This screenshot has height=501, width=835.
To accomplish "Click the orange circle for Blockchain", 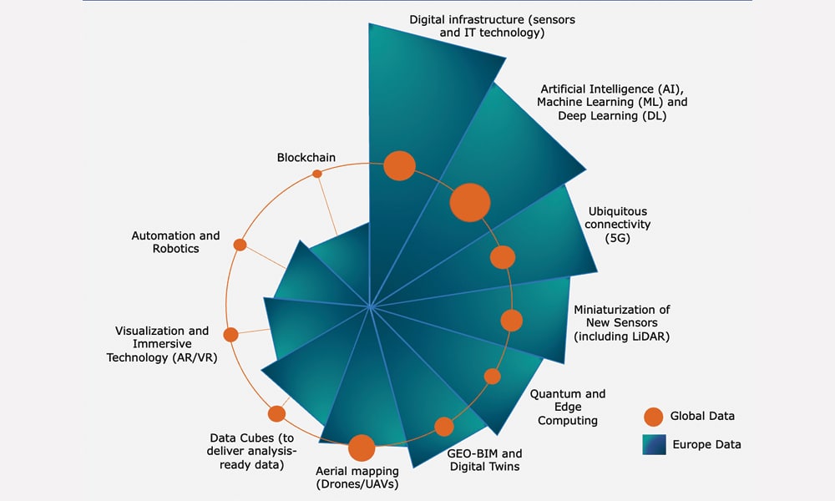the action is pyautogui.click(x=316, y=174).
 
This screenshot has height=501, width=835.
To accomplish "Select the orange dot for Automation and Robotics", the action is pyautogui.click(x=240, y=245).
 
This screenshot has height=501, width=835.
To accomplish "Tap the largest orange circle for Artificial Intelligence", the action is pyautogui.click(x=469, y=202).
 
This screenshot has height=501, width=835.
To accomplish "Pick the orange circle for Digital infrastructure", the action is pyautogui.click(x=399, y=165).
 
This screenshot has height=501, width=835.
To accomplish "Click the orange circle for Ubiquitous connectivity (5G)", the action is pyautogui.click(x=502, y=257).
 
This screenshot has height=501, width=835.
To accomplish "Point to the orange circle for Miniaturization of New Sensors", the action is pyautogui.click(x=511, y=321).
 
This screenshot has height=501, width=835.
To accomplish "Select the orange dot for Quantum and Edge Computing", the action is pyautogui.click(x=493, y=377).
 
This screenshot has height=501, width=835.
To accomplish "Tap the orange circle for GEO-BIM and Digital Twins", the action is pyautogui.click(x=444, y=427).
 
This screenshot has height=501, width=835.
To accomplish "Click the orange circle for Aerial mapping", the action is pyautogui.click(x=362, y=448).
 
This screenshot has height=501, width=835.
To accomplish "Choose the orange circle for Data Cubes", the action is pyautogui.click(x=276, y=413).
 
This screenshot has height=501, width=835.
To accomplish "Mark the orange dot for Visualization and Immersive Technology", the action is pyautogui.click(x=230, y=335).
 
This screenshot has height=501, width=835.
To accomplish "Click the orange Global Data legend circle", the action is pyautogui.click(x=654, y=417).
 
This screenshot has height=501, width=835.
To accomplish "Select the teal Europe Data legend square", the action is pyautogui.click(x=654, y=444).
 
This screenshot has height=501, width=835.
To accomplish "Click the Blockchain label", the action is pyautogui.click(x=306, y=158).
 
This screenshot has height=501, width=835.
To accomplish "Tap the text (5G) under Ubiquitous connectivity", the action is pyautogui.click(x=618, y=238).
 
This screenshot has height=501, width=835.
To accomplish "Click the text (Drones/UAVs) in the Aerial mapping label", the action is pyautogui.click(x=357, y=484).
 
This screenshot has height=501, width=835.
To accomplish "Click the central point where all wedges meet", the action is pyautogui.click(x=370, y=306).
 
